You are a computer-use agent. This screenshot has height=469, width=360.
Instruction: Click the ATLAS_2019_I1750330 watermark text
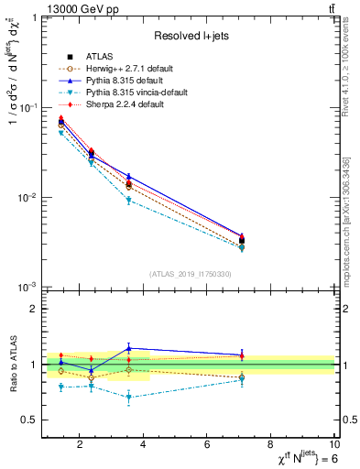[190, 274]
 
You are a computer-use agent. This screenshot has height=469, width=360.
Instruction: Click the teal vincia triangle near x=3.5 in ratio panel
[129, 398]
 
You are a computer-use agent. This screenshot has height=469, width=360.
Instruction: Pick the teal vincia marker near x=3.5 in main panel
[129, 200]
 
